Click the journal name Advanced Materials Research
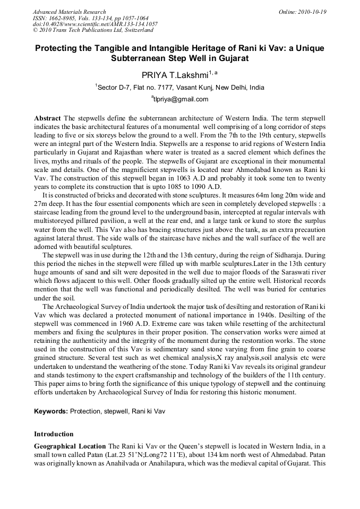pyautogui.click(x=70, y=12)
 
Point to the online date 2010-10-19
pyautogui.click(x=313, y=12)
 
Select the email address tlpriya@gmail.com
pyautogui.click(x=181, y=99)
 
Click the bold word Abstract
pyautogui.click(x=47, y=117)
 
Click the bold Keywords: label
pyautogui.click(x=51, y=411)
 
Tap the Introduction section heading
pyautogui.click(x=54, y=434)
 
